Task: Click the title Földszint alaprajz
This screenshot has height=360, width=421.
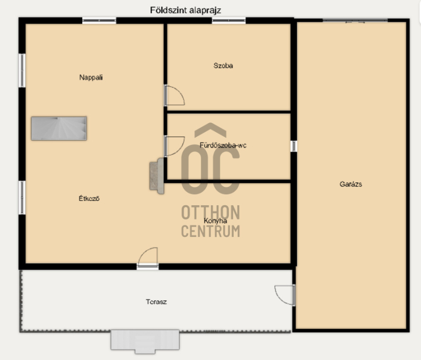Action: pos(185,11)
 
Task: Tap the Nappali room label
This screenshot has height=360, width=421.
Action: pos(91,77)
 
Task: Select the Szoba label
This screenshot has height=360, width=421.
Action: pos(223,65)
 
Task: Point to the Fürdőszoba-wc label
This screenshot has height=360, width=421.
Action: pos(223,145)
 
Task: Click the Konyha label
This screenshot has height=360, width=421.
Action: pos(215,221)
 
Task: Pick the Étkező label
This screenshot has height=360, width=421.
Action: pos(89,198)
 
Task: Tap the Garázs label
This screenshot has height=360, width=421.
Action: pos(350,184)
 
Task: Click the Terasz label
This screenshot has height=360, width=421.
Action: pos(156,302)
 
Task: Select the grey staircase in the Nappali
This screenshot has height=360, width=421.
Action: pos(59,128)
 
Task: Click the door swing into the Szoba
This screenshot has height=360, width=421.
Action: pos(175,95)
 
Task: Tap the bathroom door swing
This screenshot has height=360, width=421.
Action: pos(175,146)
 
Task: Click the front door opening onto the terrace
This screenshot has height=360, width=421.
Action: pos(147,258)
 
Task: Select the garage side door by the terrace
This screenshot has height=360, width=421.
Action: pos(285,295)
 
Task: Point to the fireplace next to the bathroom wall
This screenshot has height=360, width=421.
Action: pos(157,176)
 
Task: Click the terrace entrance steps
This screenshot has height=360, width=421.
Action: pos(145,341)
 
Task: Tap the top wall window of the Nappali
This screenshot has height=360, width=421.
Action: pos(99,21)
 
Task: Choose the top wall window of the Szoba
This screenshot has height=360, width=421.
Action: pos(229,21)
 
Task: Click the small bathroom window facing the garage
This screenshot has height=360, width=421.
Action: pos(294,146)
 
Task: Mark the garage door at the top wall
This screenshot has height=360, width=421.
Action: pos(355,21)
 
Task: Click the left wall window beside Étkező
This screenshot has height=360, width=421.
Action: pos(22,197)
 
